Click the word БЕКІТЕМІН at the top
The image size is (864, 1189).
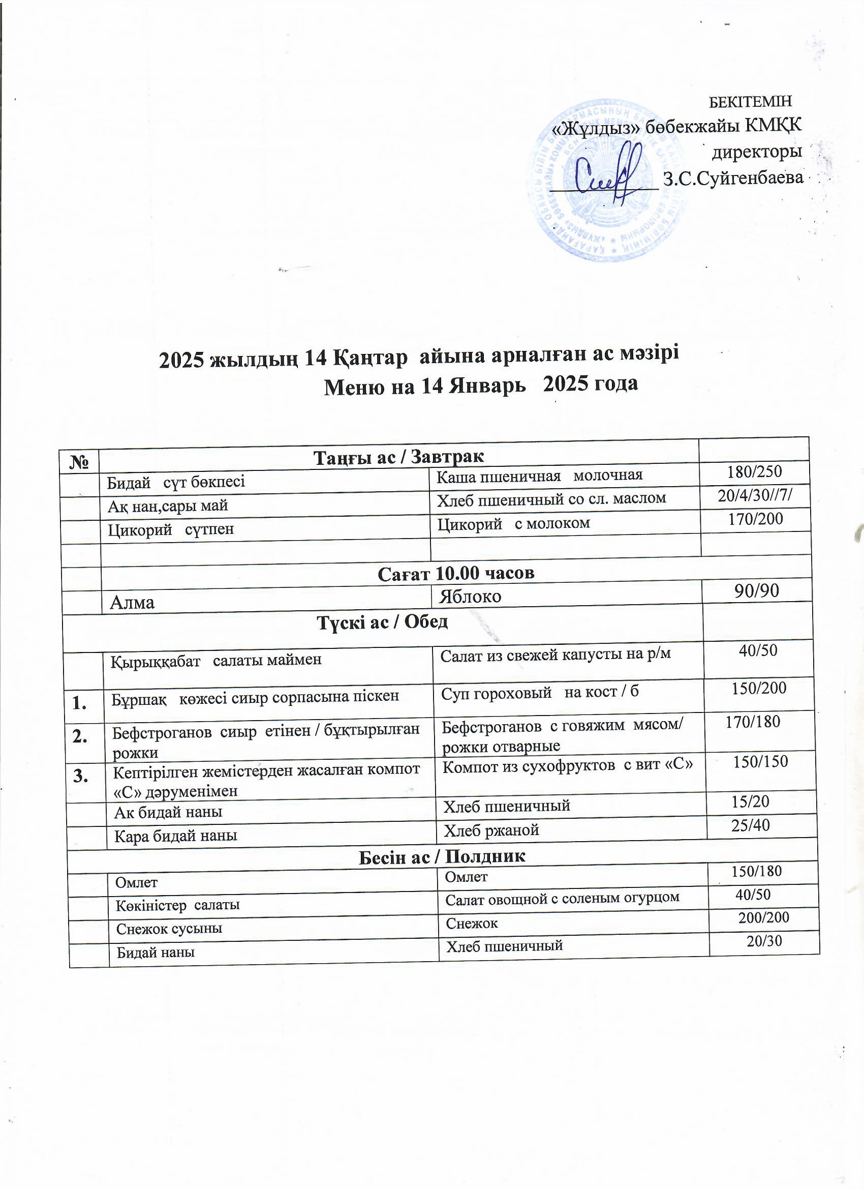click(750, 101)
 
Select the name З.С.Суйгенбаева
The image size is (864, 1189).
click(733, 177)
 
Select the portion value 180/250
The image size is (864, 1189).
click(754, 471)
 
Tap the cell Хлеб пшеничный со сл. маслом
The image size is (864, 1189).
click(551, 498)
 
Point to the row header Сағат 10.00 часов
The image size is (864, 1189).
click(455, 573)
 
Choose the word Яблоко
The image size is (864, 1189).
click(470, 596)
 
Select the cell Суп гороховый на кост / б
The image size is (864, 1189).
click(540, 692)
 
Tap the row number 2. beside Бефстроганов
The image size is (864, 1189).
click(80, 736)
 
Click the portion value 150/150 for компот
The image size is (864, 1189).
click(760, 761)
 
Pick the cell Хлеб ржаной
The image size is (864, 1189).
click(491, 830)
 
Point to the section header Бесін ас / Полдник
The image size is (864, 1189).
click(442, 856)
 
